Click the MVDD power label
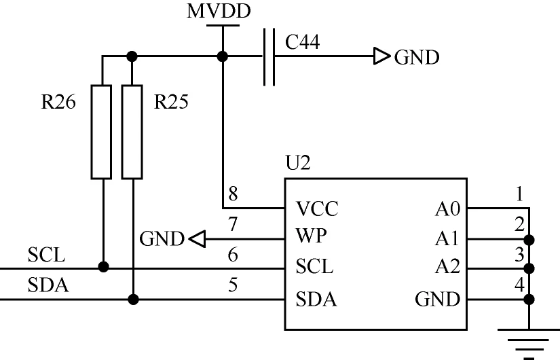[219, 11]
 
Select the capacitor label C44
[302, 42]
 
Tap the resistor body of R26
[101, 132]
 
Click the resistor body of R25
[132, 132]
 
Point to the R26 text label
[58, 102]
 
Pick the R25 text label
[171, 102]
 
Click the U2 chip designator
[298, 162]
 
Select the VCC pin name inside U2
[317, 209]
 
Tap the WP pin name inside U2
[311, 236]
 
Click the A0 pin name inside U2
[447, 209]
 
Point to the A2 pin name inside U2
[447, 267]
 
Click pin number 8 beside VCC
[233, 194]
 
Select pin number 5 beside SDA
[233, 285]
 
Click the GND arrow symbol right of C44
[381, 56]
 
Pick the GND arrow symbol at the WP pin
[197, 239]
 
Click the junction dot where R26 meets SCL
[103, 267]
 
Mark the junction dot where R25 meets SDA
[133, 300]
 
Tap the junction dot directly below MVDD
[223, 56]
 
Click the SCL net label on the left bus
[46, 255]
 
